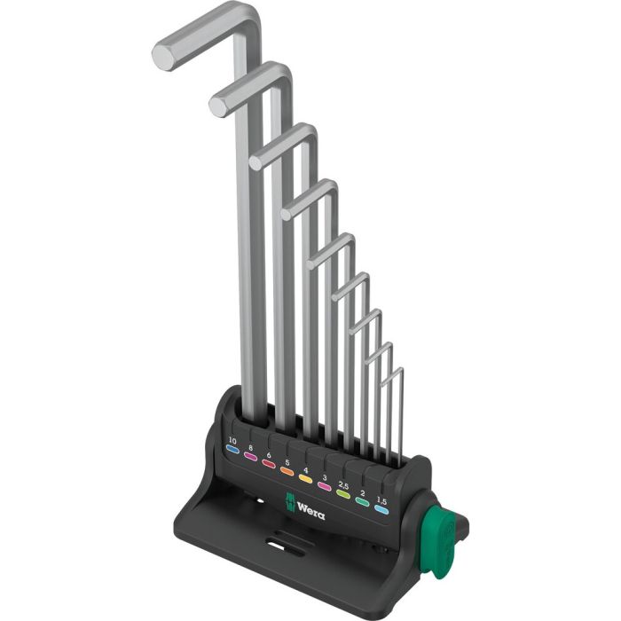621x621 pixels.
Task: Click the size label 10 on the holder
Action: [232, 439]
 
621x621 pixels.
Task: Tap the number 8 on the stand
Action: [251, 448]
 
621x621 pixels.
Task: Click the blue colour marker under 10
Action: [232, 450]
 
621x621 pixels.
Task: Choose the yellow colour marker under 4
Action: [304, 480]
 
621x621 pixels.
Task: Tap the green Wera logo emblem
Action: [289, 500]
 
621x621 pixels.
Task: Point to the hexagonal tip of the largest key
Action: [163, 56]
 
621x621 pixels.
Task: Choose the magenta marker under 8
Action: [251, 458]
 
